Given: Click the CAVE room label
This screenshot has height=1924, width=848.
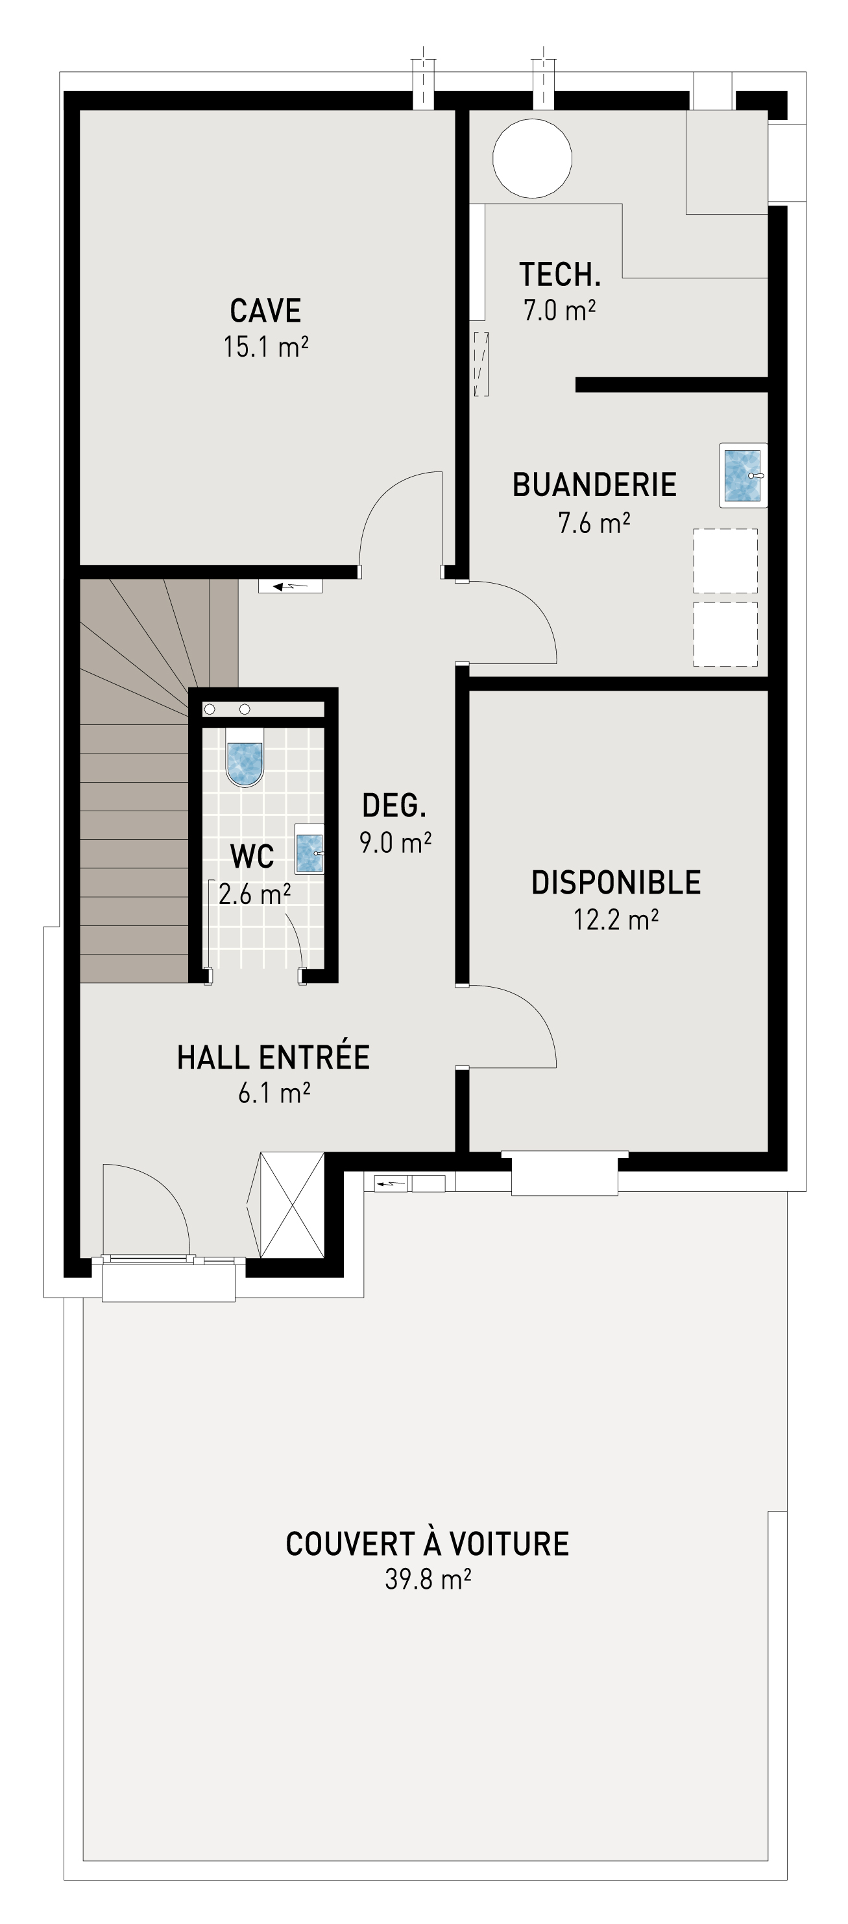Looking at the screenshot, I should [x=265, y=311].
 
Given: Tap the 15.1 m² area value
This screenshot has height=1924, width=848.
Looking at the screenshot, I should [x=265, y=348].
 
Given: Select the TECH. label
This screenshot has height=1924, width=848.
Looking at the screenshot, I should [x=560, y=275].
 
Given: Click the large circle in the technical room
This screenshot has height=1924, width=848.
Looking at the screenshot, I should [x=532, y=158].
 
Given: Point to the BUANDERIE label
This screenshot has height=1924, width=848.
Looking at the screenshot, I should [x=594, y=486].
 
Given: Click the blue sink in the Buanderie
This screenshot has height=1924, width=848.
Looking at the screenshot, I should [x=743, y=475].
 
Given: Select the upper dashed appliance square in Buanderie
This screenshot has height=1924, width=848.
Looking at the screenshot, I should [x=725, y=561].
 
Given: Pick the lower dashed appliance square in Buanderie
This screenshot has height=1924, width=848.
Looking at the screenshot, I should [x=725, y=634].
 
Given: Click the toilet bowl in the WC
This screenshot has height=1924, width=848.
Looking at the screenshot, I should [x=245, y=763].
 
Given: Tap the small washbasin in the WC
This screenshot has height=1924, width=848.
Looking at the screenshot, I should [x=309, y=852].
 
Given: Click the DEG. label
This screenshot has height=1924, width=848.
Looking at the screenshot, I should [x=394, y=806].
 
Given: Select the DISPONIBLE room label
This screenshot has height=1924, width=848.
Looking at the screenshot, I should [x=616, y=883].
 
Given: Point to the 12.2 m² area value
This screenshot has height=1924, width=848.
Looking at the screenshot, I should [x=616, y=920].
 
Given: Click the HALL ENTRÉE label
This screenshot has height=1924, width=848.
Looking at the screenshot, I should [x=273, y=1058].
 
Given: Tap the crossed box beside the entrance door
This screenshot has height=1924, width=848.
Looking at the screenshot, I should [x=291, y=1205].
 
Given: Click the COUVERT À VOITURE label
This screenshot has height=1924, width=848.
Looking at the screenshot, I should [x=427, y=1544].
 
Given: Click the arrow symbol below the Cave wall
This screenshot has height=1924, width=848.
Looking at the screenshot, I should [x=290, y=586].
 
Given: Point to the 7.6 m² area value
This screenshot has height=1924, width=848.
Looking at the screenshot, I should [x=594, y=523].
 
